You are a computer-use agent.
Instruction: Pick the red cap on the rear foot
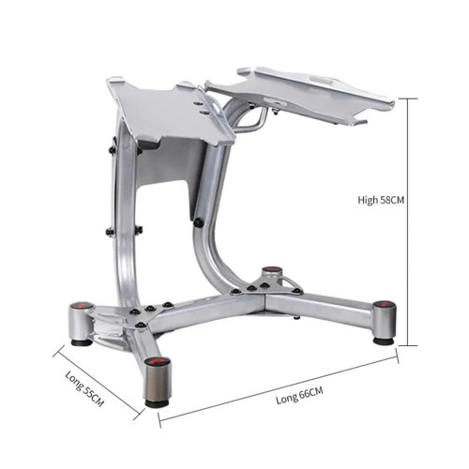coord(271,271)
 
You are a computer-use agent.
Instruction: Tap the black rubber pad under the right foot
coord(384,340)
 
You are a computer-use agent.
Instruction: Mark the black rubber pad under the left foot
coord(82,341)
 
